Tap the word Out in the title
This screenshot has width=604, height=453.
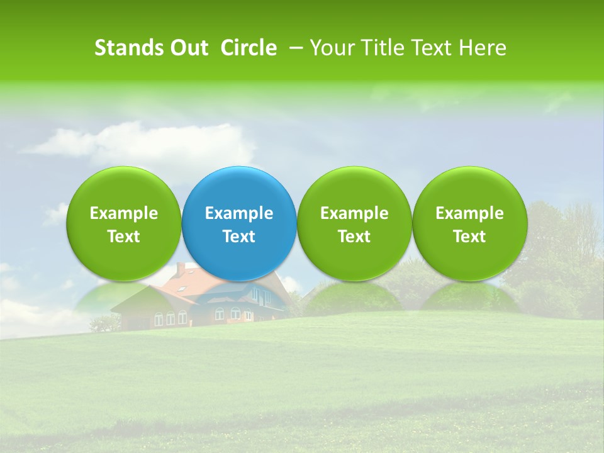coord(187,48)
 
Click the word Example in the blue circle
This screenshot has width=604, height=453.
coord(239,214)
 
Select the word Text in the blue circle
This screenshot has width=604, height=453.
coord(239,237)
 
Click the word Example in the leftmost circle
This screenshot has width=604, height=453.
coord(124,214)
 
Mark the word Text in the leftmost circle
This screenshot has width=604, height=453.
coord(124,237)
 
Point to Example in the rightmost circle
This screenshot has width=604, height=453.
coord(469,214)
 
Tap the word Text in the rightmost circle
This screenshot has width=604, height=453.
coord(469,237)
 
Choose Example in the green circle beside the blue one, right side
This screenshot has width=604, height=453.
coord(354,214)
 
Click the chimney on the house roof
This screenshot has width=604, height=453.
coord(181,269)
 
